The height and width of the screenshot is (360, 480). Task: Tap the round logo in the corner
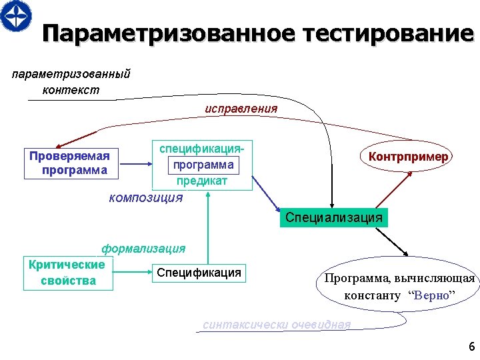[x=15, y=15]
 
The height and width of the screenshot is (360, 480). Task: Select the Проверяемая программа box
[x=70, y=163]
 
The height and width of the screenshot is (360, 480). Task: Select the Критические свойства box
[x=68, y=273]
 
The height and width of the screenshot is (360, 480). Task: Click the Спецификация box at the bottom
[x=199, y=273]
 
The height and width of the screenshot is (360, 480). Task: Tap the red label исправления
[x=241, y=108]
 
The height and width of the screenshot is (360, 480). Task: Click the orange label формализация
[x=143, y=249]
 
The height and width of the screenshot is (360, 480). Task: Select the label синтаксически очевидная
[x=276, y=325]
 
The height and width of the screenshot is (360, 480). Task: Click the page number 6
[x=471, y=346]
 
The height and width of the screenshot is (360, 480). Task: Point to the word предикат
[x=202, y=181]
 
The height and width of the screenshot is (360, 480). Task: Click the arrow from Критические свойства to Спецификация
[x=133, y=272]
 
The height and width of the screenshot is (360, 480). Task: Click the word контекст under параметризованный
[x=71, y=90]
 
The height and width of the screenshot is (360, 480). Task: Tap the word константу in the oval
[x=372, y=295]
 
